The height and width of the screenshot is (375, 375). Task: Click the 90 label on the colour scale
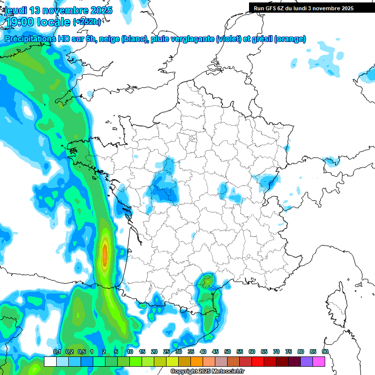325,352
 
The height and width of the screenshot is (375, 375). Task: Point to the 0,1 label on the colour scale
57,352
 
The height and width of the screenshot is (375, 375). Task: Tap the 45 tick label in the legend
215,352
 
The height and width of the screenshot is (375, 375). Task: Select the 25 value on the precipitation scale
167,352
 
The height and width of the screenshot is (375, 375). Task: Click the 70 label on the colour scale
276,352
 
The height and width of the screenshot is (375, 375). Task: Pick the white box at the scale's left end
50,361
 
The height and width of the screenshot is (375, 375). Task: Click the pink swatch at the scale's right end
319,361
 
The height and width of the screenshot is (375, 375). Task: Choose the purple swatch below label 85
307,361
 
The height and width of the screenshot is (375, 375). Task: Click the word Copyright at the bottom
184,372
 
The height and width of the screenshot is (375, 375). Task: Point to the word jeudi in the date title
15,10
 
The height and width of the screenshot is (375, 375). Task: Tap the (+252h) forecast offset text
87,21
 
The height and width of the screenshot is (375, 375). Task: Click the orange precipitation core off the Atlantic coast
104,254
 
